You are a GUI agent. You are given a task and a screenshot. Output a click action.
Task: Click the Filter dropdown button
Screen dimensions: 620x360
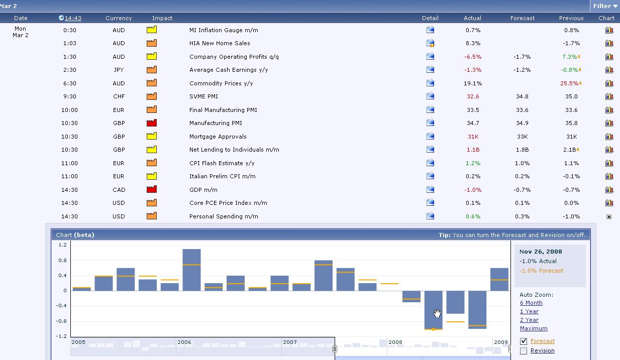(x=605, y=6)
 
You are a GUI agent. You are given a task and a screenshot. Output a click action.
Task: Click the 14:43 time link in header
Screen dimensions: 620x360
(x=73, y=18)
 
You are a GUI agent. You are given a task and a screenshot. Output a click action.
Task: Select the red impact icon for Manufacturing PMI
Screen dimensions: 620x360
(x=152, y=123)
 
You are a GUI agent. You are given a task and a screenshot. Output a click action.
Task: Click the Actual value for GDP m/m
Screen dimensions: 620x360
(x=473, y=190)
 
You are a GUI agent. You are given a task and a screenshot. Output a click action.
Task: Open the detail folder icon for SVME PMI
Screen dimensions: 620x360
(x=430, y=96)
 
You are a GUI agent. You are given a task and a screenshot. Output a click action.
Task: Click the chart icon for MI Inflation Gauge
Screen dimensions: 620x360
(x=609, y=30)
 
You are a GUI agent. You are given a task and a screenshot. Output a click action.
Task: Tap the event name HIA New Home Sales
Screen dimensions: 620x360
(x=220, y=43)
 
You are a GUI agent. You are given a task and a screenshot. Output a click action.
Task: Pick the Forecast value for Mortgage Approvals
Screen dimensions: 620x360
(x=523, y=137)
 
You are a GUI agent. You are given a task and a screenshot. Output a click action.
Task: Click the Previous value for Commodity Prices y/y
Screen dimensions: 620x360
(x=569, y=83)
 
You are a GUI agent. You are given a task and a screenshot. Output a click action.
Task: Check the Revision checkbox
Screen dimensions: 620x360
(x=524, y=351)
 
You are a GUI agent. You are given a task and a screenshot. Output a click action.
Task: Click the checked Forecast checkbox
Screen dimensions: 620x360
(x=524, y=341)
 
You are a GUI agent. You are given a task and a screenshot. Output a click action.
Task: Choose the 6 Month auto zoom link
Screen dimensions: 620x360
(x=531, y=303)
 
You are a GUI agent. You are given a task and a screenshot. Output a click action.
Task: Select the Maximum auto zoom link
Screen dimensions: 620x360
(x=534, y=328)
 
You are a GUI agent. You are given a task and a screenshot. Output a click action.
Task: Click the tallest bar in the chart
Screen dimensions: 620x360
(x=191, y=270)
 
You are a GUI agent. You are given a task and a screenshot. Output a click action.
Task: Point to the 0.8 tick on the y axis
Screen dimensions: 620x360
(x=63, y=260)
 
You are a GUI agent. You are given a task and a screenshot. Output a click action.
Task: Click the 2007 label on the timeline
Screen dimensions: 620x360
(x=290, y=342)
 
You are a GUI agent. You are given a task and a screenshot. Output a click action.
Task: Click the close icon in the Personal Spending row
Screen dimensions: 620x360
(x=609, y=217)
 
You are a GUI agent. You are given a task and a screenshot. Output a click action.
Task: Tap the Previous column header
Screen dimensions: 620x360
(x=571, y=18)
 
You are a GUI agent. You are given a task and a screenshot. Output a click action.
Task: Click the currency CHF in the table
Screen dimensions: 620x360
(x=119, y=96)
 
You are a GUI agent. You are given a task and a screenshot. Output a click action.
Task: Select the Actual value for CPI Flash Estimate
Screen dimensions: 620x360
(x=473, y=163)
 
